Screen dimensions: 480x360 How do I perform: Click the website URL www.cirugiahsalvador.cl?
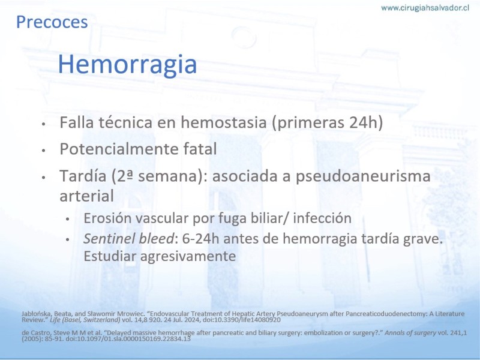(x=425, y=8)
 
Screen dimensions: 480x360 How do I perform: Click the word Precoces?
(x=52, y=22)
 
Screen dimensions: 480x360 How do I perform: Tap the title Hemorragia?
(x=127, y=64)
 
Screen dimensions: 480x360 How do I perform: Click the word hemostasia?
(x=223, y=122)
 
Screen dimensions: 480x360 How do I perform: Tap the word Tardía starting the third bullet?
(x=83, y=176)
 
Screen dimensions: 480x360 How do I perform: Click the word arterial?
(x=86, y=196)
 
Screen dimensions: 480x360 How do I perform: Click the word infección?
(x=322, y=218)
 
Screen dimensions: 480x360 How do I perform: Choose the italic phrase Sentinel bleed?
(x=128, y=239)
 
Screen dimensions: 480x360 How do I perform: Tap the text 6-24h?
(x=200, y=239)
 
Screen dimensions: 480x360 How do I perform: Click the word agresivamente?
(x=188, y=257)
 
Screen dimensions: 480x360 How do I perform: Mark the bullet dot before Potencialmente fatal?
(x=43, y=151)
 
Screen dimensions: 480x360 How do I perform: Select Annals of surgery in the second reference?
(x=410, y=333)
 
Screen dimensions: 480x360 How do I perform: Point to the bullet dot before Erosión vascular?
(x=68, y=219)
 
